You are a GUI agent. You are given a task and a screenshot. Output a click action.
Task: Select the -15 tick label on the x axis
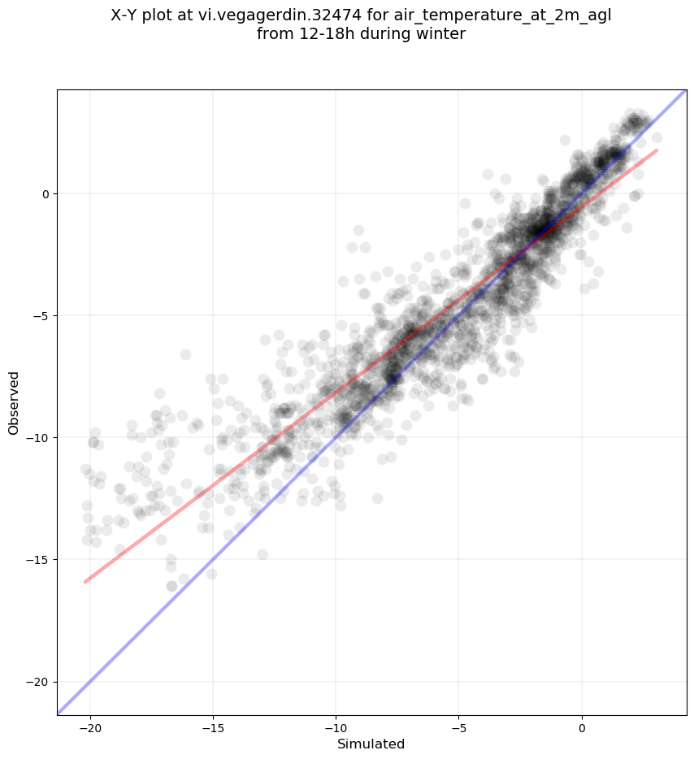[213, 728]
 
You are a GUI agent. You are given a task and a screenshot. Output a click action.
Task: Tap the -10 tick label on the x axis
[336, 728]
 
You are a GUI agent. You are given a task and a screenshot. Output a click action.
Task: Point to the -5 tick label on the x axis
[459, 728]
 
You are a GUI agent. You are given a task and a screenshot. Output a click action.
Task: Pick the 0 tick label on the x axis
[582, 728]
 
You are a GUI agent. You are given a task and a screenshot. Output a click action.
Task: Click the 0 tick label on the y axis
[46, 194]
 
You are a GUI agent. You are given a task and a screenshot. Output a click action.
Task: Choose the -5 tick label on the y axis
[42, 316]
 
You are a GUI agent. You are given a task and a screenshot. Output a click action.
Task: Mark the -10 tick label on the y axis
[40, 438]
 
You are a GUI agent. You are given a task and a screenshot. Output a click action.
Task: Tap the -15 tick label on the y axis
[40, 560]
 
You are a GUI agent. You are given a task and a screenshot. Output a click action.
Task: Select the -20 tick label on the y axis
[40, 682]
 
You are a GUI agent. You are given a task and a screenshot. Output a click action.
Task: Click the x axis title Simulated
[371, 744]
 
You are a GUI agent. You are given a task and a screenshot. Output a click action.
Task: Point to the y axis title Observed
[14, 403]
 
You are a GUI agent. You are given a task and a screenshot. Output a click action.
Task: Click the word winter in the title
[442, 34]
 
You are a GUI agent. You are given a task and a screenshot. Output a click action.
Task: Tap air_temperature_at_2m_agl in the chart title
[503, 16]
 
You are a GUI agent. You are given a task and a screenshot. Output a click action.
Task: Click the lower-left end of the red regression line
[85, 581]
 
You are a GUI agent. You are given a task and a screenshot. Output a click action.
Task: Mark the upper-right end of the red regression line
[657, 150]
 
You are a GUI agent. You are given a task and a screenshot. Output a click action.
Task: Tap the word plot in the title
[158, 16]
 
